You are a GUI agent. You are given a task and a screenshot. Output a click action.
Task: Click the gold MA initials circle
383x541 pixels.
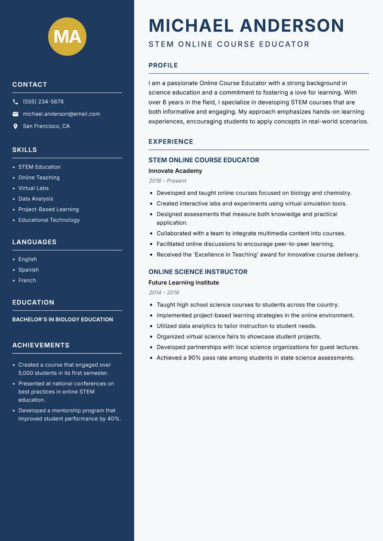coord(67,36)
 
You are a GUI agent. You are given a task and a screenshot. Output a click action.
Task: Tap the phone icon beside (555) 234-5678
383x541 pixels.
coord(15,102)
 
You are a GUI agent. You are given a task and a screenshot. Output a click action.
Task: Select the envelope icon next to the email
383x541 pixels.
coord(15,114)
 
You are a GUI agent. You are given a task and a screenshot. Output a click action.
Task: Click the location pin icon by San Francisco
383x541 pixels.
coord(15,126)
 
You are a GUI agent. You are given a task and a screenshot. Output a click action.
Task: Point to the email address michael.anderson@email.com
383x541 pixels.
coord(61,114)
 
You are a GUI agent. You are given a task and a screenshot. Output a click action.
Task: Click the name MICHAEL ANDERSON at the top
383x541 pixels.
coord(246,25)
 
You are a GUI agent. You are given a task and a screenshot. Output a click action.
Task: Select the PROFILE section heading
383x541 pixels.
coord(163,65)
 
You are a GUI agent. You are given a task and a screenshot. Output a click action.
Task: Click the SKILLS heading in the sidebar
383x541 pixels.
coord(24,150)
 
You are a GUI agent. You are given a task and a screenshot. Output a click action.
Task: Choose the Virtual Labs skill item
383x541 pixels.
coord(34,188)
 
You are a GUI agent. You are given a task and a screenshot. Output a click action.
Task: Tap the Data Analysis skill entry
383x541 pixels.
coord(35,199)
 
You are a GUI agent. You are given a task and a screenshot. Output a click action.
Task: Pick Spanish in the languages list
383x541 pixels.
coord(28,270)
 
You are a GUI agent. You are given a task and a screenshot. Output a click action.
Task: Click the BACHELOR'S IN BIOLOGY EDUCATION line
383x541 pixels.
coord(63,319)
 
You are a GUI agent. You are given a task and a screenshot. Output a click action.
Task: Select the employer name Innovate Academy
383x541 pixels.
coord(175,171)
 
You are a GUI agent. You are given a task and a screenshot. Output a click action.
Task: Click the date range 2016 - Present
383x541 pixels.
coord(167,181)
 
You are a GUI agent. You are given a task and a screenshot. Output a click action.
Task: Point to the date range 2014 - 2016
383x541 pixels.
coord(164,293)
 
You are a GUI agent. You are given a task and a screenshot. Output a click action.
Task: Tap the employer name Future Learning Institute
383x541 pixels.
coord(183,282)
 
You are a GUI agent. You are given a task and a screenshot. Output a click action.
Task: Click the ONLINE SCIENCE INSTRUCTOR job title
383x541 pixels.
coord(198,271)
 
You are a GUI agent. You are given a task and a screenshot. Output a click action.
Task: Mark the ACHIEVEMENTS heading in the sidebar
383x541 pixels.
coord(41,345)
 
